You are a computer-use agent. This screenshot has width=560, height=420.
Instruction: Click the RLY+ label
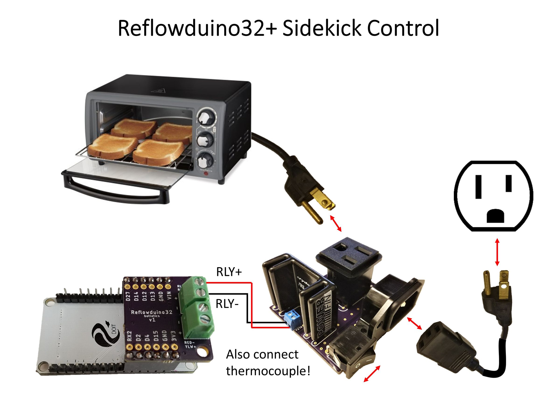(x=229, y=272)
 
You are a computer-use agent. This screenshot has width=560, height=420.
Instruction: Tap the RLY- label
(x=227, y=304)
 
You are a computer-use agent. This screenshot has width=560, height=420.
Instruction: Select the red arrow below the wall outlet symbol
(x=497, y=252)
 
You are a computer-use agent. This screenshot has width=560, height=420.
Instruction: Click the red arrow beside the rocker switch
(x=372, y=374)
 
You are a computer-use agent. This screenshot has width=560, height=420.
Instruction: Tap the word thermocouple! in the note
(x=268, y=371)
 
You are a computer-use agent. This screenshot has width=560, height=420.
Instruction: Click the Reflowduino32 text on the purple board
(x=151, y=312)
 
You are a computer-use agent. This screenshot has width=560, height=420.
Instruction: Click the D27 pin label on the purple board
(x=128, y=296)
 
